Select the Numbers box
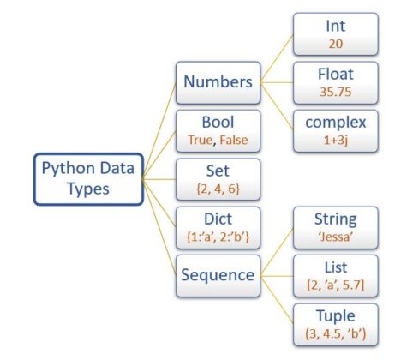218,82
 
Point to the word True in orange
198,139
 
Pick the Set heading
218,170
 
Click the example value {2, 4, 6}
218,187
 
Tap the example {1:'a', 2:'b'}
218,235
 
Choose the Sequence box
218,274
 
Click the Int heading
336,27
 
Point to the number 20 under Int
336,43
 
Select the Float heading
336,74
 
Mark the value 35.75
336,91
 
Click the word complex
336,123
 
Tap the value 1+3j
336,139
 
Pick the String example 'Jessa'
336,235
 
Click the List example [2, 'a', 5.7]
336,284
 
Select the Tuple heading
336,315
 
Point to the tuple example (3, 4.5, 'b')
336,332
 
